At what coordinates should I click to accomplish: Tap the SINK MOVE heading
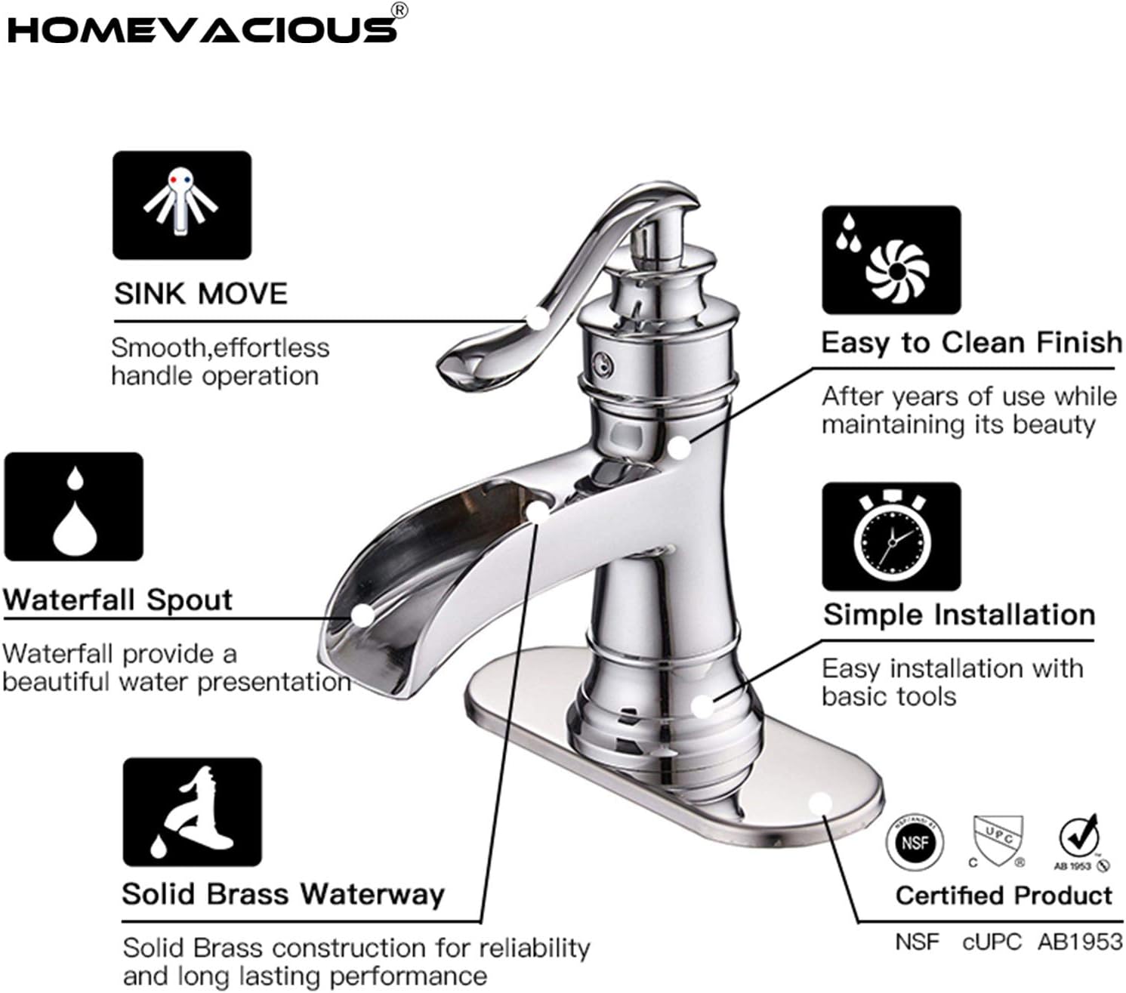(x=201, y=294)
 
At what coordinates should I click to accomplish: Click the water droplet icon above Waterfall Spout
(x=74, y=507)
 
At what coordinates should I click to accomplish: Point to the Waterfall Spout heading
(x=118, y=600)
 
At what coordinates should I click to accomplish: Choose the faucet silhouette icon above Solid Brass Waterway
(x=193, y=813)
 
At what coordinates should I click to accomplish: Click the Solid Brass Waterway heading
(x=283, y=894)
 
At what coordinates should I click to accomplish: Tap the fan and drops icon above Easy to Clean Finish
(x=891, y=260)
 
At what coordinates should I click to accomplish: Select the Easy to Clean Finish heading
(x=971, y=343)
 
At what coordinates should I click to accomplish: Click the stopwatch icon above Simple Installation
(x=891, y=537)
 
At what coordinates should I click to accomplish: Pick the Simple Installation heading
(x=959, y=615)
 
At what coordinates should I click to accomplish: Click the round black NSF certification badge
(x=915, y=841)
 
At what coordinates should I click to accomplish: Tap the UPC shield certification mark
(x=998, y=840)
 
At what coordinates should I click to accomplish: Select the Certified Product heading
(x=1004, y=896)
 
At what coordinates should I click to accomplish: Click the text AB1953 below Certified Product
(x=1080, y=942)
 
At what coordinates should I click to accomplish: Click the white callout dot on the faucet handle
(x=537, y=318)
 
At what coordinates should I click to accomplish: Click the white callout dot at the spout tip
(x=362, y=614)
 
